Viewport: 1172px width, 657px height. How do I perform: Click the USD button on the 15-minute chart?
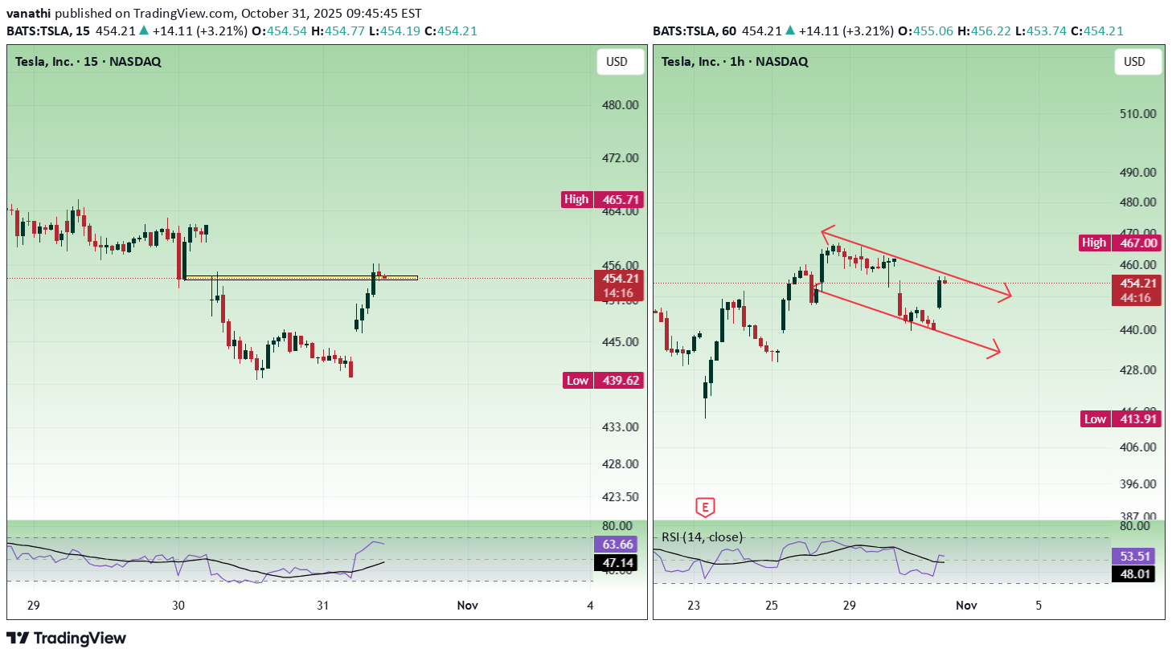pyautogui.click(x=617, y=62)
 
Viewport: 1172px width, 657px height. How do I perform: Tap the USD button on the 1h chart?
pyautogui.click(x=1134, y=62)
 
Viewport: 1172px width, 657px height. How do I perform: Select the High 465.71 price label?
pyautogui.click(x=602, y=199)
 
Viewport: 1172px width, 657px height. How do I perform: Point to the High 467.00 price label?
pyautogui.click(x=1120, y=243)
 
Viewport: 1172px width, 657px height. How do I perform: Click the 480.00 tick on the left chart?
pyautogui.click(x=621, y=105)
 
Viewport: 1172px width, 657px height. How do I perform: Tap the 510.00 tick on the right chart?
pyautogui.click(x=1138, y=114)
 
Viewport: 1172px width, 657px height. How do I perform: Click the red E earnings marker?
pyautogui.click(x=705, y=507)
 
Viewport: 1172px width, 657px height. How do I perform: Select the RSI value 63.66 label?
pyautogui.click(x=617, y=544)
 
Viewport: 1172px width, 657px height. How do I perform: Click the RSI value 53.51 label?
pyautogui.click(x=1135, y=556)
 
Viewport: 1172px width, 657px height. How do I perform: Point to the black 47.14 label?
pyautogui.click(x=617, y=562)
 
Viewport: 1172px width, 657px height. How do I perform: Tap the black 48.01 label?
pyautogui.click(x=1135, y=573)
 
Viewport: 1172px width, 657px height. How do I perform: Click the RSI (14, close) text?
pyautogui.click(x=702, y=537)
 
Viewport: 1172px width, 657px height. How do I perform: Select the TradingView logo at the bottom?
pyautogui.click(x=67, y=639)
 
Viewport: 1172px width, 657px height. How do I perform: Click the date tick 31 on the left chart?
pyautogui.click(x=322, y=606)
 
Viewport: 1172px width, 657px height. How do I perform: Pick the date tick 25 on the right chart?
pyautogui.click(x=772, y=606)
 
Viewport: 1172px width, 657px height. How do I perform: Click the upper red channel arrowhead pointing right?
pyautogui.click(x=1006, y=294)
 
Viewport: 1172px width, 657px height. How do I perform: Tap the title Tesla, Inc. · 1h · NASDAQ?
pyautogui.click(x=735, y=62)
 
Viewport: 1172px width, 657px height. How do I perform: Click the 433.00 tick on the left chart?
pyautogui.click(x=621, y=426)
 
